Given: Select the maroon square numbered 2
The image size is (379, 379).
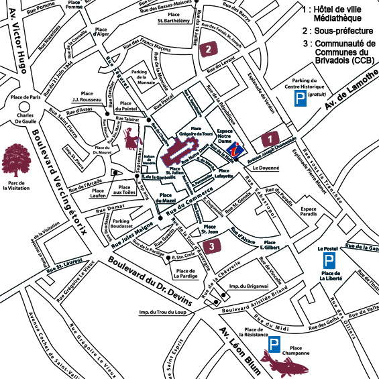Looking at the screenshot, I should (209, 48).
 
